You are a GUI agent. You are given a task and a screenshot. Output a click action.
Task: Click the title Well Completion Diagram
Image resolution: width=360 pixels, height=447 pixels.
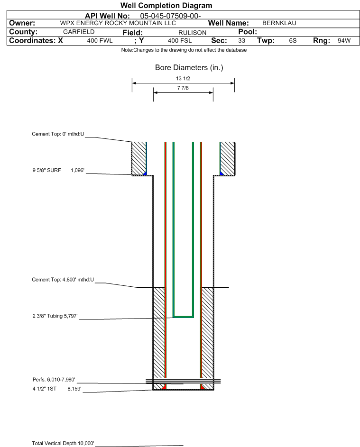pyautogui.click(x=166, y=5)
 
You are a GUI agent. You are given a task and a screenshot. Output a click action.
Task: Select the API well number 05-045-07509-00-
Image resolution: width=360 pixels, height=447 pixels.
pyautogui.click(x=170, y=16)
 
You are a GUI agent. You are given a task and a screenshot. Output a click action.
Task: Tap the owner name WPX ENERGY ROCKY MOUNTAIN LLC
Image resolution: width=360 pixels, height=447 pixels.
pyautogui.click(x=118, y=23)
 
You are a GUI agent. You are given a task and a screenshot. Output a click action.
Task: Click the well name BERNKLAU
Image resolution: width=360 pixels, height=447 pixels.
pyautogui.click(x=279, y=23)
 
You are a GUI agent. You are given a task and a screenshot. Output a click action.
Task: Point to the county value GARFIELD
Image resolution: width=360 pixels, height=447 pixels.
pyautogui.click(x=79, y=32)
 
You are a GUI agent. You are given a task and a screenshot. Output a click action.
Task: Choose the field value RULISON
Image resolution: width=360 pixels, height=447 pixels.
pyautogui.click(x=192, y=33)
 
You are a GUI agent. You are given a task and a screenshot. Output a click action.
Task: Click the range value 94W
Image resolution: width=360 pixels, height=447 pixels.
pyautogui.click(x=344, y=40)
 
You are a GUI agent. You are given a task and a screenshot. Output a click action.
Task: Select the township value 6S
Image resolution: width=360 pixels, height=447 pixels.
pyautogui.click(x=293, y=40)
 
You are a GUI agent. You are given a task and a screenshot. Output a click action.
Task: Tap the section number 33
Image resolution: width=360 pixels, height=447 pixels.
pyautogui.click(x=241, y=40)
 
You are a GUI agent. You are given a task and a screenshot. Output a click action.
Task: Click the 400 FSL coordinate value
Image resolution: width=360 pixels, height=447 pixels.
pyautogui.click(x=180, y=40)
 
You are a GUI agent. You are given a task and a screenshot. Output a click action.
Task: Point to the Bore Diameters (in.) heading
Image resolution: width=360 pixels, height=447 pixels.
pyautogui.click(x=189, y=68)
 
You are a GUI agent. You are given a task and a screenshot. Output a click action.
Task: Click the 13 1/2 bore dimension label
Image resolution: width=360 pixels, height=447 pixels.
pyautogui.click(x=183, y=78)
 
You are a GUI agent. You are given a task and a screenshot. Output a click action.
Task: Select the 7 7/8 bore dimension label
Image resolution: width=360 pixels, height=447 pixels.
pyautogui.click(x=183, y=88)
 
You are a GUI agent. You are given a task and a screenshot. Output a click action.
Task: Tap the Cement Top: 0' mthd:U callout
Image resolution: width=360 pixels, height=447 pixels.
pyautogui.click(x=58, y=134)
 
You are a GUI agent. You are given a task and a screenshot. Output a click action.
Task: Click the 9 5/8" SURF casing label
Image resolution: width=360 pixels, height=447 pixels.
pyautogui.click(x=46, y=170)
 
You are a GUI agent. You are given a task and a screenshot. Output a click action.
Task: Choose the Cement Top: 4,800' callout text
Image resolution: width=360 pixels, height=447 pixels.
pyautogui.click(x=63, y=280)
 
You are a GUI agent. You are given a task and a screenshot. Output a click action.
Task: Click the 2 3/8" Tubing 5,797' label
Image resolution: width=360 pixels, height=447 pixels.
pyautogui.click(x=55, y=316)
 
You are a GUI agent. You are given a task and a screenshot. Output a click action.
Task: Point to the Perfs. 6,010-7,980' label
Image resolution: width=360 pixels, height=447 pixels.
pyautogui.click(x=54, y=380)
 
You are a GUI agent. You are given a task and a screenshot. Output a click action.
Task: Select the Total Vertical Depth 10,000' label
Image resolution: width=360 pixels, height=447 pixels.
pyautogui.click(x=63, y=443)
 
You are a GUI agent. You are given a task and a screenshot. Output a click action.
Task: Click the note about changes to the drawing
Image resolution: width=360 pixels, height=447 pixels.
pyautogui.click(x=184, y=50)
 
